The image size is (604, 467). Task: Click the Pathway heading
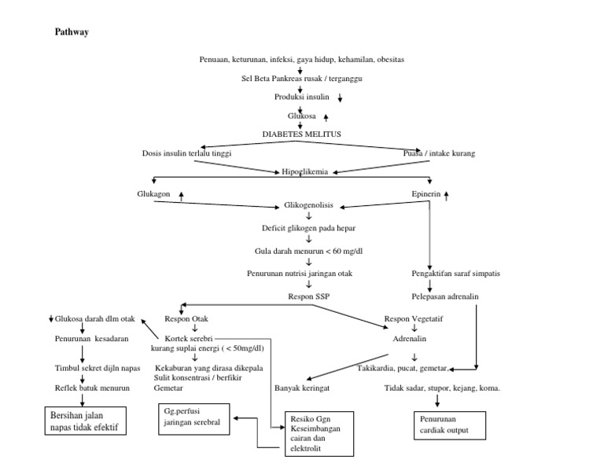tap(72, 32)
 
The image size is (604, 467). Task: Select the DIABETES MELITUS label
tap(301, 134)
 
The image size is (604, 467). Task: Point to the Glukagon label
tap(153, 193)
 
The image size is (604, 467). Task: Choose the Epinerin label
tap(425, 193)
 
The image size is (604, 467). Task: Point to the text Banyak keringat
tap(301, 388)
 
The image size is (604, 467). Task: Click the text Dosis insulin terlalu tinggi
tap(186, 153)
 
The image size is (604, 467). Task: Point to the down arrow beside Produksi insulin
tap(341, 98)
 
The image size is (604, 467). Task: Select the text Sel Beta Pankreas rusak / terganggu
tap(301, 79)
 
